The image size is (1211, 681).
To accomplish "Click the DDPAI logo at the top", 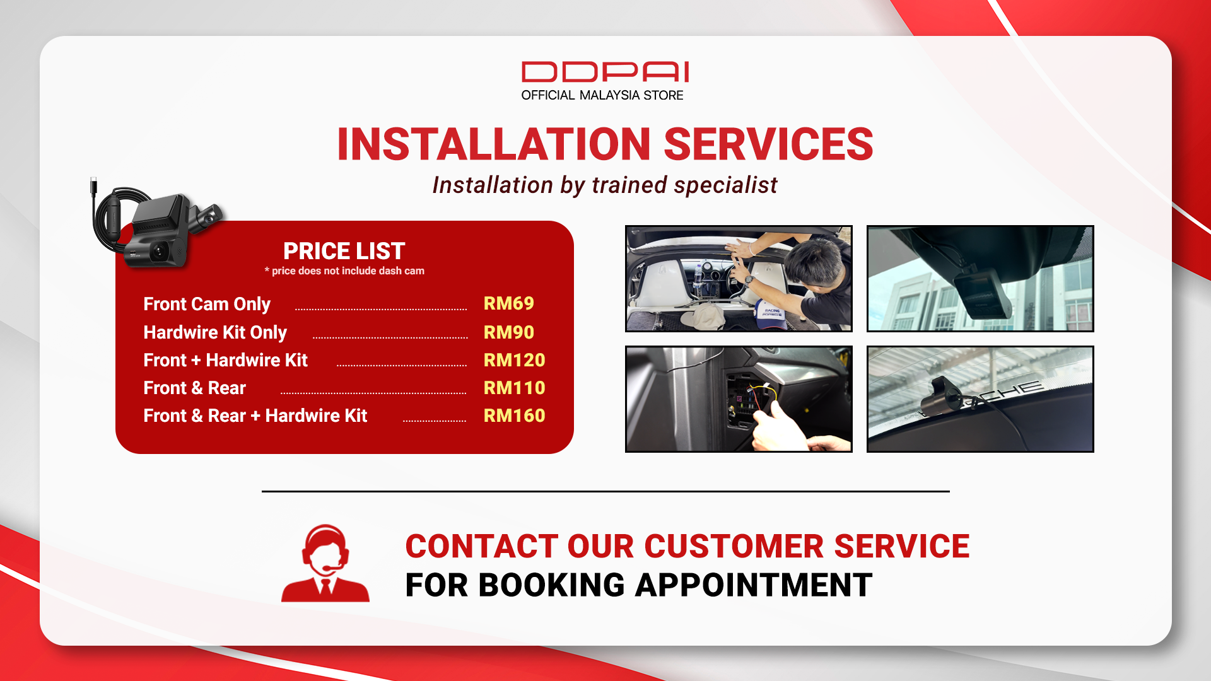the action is pos(605,72).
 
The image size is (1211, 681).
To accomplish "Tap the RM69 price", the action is pos(508,303).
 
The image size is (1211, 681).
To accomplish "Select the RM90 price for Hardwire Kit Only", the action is pos(508,332).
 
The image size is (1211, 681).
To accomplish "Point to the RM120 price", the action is pos(514,360).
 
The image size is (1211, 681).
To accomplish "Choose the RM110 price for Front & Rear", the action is pos(514,388).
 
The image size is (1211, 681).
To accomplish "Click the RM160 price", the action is pos(514,416).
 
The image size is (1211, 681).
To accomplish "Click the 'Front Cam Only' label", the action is pos(207,305).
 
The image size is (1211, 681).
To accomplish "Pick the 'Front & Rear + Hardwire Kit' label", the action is pos(255,416).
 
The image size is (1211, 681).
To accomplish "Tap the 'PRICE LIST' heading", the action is pos(344,251).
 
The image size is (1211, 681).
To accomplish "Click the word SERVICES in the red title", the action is pos(768,144).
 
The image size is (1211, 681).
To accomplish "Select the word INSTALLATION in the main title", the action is pos(494,144).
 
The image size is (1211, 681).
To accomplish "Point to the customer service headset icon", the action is pos(325,563).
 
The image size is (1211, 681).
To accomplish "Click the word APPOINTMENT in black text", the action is pos(754,585).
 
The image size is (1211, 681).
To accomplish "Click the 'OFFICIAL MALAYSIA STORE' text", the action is pos(602,95).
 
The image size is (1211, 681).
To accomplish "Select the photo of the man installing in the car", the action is pos(739,279).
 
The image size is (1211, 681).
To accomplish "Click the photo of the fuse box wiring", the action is pos(739,399).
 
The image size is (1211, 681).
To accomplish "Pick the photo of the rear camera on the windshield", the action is pos(980,399).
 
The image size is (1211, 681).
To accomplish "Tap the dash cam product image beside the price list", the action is pos(156,224).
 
